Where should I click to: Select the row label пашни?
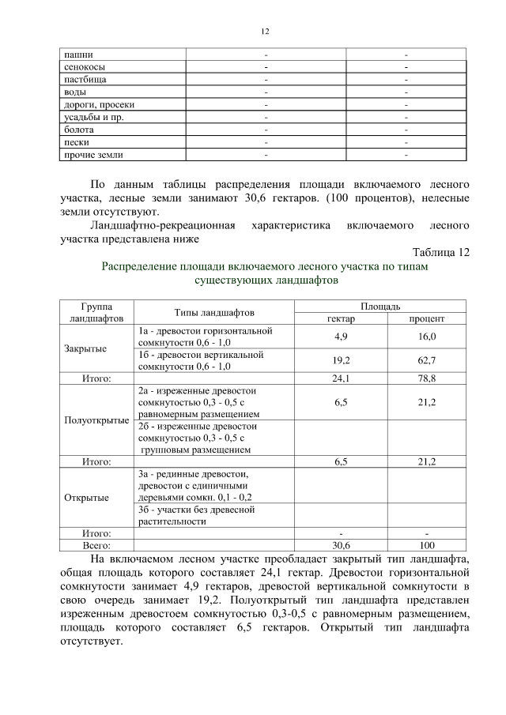tap(77, 55)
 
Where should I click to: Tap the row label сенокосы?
tap(83, 68)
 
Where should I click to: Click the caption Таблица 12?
tap(441, 252)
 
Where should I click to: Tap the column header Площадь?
tap(380, 306)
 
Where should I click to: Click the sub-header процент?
tap(426, 318)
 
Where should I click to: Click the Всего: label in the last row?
tap(96, 545)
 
